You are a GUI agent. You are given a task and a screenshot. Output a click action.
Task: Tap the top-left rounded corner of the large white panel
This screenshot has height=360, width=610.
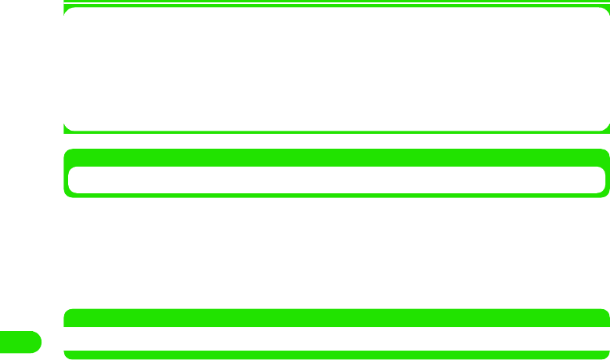(68, 12)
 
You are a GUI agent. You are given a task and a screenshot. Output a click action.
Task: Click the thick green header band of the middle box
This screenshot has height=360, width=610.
(336, 157)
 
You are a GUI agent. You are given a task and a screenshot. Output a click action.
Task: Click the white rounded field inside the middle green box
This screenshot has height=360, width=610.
(336, 179)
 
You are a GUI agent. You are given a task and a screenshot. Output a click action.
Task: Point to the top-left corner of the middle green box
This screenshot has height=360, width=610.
(67, 152)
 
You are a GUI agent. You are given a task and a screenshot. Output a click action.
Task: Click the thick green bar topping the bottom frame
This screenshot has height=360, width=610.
(336, 318)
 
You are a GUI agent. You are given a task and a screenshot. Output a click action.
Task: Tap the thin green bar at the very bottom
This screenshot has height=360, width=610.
(336, 354)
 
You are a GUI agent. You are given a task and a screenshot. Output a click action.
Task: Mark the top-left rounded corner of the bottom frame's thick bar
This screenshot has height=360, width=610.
(67, 312)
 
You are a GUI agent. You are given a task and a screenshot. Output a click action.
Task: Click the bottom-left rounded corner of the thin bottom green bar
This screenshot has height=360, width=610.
(67, 356)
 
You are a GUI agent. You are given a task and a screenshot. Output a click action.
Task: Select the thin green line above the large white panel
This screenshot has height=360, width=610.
(336, 2)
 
